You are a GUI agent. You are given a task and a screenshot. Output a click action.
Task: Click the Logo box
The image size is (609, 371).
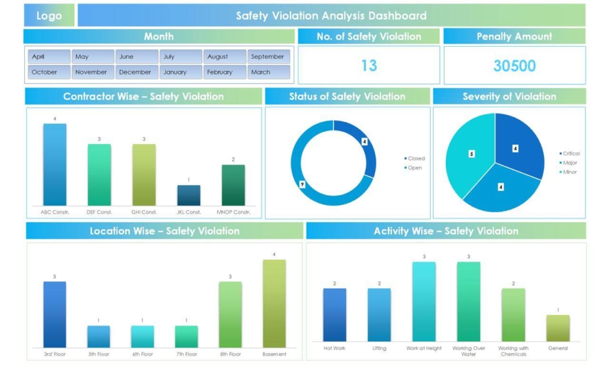[x=49, y=16]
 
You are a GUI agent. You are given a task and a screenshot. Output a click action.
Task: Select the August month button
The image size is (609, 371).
[x=225, y=57]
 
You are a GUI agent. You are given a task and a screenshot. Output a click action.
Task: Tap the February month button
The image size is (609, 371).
[x=225, y=72]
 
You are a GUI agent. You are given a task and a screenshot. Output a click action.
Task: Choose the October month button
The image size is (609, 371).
[x=49, y=72]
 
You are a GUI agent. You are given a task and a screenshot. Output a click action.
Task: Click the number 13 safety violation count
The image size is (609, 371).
[x=369, y=66]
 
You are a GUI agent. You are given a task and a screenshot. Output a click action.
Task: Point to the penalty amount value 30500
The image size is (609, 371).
[x=514, y=66]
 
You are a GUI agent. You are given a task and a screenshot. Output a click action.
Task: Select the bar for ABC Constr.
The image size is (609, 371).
[x=55, y=164]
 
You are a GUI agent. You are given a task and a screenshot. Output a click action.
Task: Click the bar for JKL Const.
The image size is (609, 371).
[x=189, y=196]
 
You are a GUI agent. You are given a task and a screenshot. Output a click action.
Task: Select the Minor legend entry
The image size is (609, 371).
[x=568, y=172]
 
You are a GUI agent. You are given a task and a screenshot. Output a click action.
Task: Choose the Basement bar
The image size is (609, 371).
[x=274, y=303]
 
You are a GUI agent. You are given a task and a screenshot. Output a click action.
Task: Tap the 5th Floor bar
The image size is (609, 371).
[x=99, y=336]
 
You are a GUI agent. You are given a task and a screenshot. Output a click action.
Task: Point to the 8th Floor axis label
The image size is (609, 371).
[x=230, y=354]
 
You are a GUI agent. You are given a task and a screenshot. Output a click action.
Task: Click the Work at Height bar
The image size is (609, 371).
[x=424, y=301]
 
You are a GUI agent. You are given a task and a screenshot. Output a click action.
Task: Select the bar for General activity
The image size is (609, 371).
[x=558, y=328]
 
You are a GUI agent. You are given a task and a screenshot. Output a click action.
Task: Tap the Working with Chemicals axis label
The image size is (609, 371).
[x=513, y=352]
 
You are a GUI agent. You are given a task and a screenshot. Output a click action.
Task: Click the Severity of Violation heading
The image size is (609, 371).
[x=509, y=96]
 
